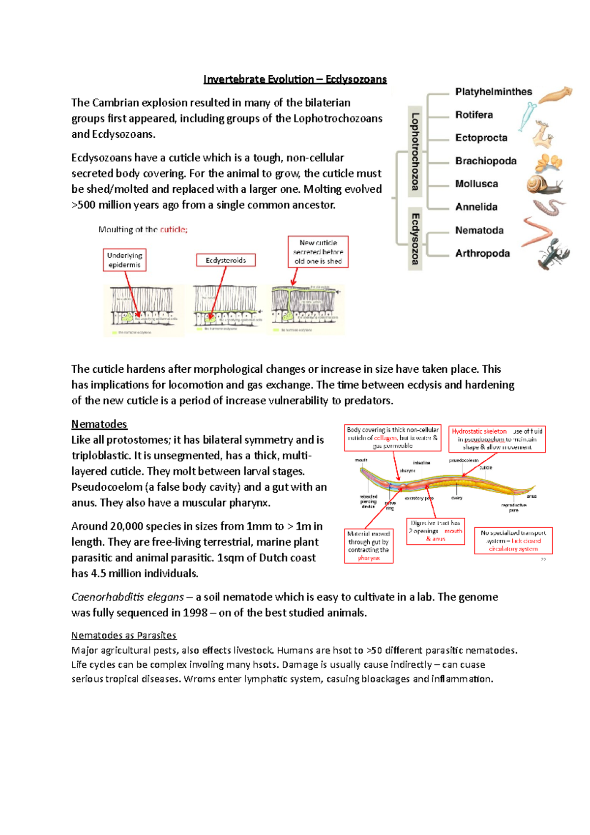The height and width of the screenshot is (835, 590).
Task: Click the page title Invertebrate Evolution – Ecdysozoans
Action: coord(295,79)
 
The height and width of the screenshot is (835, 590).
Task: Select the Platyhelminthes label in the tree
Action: coord(493,92)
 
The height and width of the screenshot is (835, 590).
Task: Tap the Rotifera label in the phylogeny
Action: coord(473,115)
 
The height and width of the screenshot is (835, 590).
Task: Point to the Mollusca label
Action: coord(476,184)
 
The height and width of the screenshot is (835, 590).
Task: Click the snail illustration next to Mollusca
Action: coord(543,185)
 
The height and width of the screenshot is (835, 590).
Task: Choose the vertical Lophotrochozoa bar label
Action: coord(415,151)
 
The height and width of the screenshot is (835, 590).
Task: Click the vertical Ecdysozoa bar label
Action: coord(415,239)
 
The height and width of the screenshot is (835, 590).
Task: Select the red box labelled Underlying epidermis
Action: coord(124,260)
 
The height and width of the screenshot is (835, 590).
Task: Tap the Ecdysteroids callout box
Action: coord(226,260)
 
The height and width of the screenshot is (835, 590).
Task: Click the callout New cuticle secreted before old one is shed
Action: coord(318,252)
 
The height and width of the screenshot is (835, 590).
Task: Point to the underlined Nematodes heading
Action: coord(99,424)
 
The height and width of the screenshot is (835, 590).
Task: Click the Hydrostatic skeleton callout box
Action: coord(497,439)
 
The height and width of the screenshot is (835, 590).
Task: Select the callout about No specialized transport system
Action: coord(513,540)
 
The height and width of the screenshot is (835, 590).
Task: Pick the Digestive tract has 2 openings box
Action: coord(435,531)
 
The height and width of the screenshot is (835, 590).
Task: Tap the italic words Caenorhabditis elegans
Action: coord(127,597)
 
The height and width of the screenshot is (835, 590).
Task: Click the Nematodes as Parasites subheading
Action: coord(123,635)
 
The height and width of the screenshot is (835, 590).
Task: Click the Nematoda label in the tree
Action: coord(479,231)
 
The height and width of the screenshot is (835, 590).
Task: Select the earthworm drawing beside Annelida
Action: coord(549,207)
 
